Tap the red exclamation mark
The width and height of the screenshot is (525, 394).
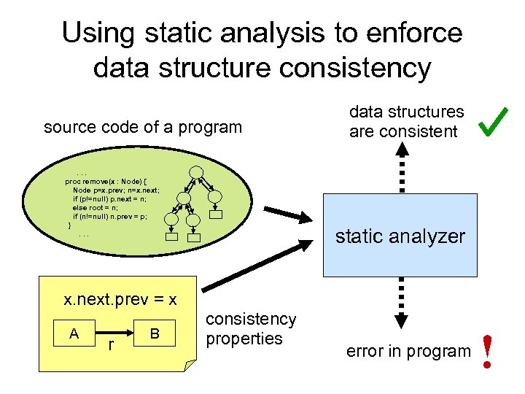(x=486, y=351)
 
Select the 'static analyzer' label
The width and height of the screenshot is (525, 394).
(x=400, y=236)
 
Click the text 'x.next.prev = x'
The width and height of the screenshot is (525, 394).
(x=120, y=300)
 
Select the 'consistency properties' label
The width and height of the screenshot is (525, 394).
(x=251, y=329)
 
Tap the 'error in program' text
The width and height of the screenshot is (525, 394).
(x=408, y=351)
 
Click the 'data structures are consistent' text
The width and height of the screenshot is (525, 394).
(x=406, y=122)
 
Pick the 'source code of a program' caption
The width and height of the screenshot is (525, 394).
(x=143, y=127)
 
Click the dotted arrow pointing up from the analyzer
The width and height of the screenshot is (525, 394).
(x=401, y=168)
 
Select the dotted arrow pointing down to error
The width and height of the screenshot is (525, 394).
(x=401, y=303)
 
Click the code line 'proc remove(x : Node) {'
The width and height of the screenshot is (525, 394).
(x=106, y=181)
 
